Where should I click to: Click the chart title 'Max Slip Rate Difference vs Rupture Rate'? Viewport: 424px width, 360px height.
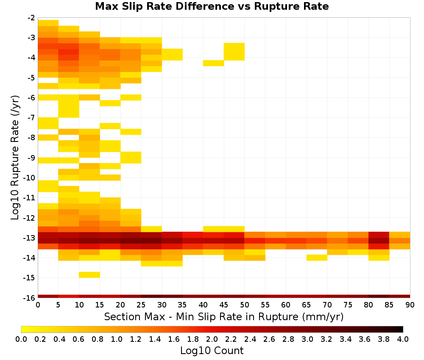click(x=212, y=6)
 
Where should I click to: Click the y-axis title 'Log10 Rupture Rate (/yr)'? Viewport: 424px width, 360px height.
click(x=15, y=158)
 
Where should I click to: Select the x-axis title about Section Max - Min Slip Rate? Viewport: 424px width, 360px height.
click(x=223, y=316)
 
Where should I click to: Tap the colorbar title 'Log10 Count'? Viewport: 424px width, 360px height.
click(x=212, y=351)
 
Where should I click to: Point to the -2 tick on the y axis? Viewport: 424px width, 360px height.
click(x=31, y=18)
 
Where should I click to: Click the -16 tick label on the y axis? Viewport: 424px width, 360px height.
click(x=30, y=298)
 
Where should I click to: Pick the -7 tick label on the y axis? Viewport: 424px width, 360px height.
click(x=31, y=118)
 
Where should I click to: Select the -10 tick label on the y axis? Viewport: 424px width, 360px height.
click(x=30, y=178)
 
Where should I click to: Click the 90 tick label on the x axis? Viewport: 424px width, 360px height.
click(x=410, y=305)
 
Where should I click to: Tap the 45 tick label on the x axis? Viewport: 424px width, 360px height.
click(x=224, y=305)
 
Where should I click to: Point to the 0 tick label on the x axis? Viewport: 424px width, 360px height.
click(x=38, y=305)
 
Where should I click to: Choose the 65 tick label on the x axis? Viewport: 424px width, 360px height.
click(x=307, y=305)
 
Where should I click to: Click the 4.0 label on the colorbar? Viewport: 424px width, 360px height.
click(x=403, y=339)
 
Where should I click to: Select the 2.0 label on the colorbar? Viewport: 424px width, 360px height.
click(x=212, y=339)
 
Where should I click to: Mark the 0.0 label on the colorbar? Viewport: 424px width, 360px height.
click(x=21, y=339)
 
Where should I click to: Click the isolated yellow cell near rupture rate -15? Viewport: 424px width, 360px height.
click(x=89, y=274)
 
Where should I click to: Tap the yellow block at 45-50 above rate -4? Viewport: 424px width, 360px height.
click(x=234, y=52)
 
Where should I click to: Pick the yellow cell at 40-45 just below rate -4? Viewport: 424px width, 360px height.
click(x=214, y=63)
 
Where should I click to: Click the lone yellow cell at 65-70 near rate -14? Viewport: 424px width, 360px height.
click(x=317, y=258)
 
